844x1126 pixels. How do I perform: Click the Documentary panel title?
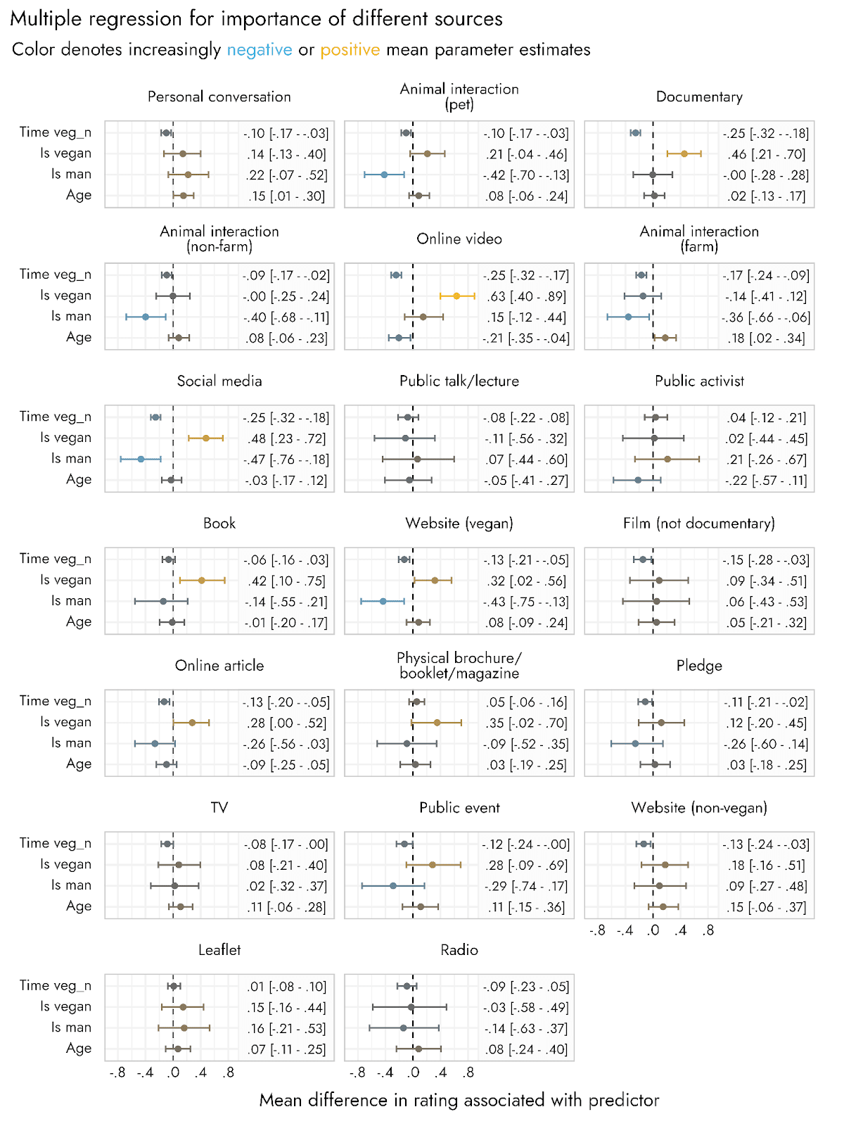pyautogui.click(x=699, y=97)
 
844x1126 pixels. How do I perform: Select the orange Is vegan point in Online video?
pyautogui.click(x=456, y=296)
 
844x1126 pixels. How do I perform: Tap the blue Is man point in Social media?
pyautogui.click(x=141, y=459)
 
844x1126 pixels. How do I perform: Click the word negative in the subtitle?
pyautogui.click(x=260, y=50)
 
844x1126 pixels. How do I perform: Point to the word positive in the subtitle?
pyautogui.click(x=350, y=50)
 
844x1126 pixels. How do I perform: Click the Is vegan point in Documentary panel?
pyautogui.click(x=684, y=153)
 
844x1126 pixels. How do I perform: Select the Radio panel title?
pyautogui.click(x=459, y=950)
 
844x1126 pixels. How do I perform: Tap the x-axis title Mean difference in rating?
pyautogui.click(x=459, y=1101)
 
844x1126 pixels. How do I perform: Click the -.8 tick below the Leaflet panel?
pyautogui.click(x=117, y=1073)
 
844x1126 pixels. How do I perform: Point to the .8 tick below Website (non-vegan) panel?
pyautogui.click(x=708, y=930)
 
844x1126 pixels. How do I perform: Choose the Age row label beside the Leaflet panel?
pyautogui.click(x=79, y=1049)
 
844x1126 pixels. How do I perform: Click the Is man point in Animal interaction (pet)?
pyautogui.click(x=384, y=175)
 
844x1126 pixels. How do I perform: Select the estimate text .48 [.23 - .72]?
pyautogui.click(x=286, y=438)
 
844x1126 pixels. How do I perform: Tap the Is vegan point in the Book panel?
pyautogui.click(x=202, y=581)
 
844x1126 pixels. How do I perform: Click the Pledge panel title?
pyautogui.click(x=699, y=666)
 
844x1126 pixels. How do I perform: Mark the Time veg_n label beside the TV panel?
pyautogui.click(x=56, y=843)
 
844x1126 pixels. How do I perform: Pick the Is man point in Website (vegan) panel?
pyautogui.click(x=383, y=602)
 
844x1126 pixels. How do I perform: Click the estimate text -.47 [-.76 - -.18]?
pyautogui.click(x=286, y=460)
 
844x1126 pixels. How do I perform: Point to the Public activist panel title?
pyautogui.click(x=699, y=381)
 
